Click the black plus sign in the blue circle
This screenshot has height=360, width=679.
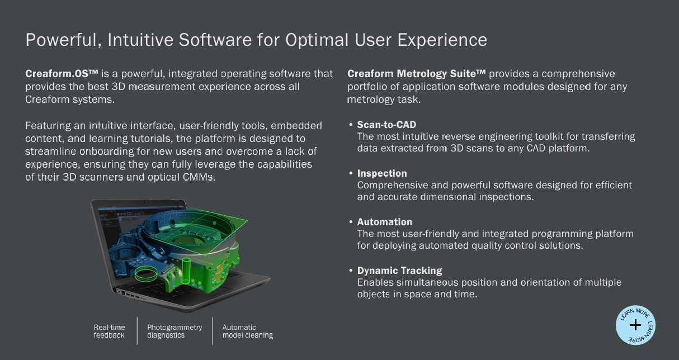tap(635, 325)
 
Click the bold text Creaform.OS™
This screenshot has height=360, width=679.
tap(62, 74)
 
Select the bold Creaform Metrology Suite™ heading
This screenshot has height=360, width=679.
tap(416, 74)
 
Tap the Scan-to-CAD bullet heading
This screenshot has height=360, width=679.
tap(386, 125)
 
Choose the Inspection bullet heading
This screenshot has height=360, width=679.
tap(382, 173)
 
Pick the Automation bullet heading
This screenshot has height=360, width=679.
tap(384, 222)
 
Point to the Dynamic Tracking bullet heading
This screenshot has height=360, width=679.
tap(399, 271)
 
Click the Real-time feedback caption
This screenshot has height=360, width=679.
tap(109, 331)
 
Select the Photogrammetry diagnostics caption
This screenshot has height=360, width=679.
tap(175, 331)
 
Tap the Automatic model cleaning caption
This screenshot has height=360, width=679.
tap(248, 331)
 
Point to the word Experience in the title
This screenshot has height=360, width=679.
tap(442, 40)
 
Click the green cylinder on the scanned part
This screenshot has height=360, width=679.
tap(186, 271)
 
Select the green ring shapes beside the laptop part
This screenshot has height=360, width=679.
tap(146, 274)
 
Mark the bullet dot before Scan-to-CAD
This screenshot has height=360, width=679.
tap(351, 125)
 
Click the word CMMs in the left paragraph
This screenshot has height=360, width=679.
tap(199, 177)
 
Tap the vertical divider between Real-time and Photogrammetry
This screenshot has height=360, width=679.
tap(137, 331)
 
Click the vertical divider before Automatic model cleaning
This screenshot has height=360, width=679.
tap(213, 331)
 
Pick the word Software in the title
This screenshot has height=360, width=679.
tap(215, 40)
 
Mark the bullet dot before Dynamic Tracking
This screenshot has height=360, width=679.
tap(351, 271)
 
